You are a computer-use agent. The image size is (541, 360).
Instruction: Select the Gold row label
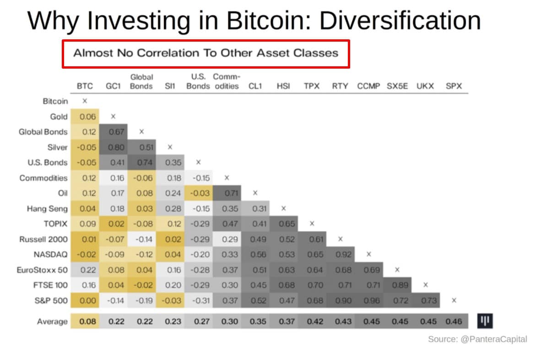tap(59, 117)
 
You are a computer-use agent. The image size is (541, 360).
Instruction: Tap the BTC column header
tap(85, 86)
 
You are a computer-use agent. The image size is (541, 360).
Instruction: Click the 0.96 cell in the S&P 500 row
tap(372, 301)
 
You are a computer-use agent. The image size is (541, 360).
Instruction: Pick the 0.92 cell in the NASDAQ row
tap(343, 254)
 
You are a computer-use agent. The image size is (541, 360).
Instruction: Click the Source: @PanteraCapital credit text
tap(477, 339)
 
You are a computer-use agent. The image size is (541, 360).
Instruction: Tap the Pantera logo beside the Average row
tap(486, 321)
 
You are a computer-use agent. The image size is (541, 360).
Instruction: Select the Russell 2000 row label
tap(43, 239)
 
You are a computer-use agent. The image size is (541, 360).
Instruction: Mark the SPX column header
tap(454, 86)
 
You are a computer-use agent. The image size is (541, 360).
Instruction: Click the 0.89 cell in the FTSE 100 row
tap(400, 285)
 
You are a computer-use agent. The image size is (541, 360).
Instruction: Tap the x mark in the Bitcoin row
tap(85, 101)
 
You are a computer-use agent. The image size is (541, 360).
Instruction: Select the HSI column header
tap(283, 86)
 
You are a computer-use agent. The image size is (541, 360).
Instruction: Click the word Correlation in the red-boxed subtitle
tap(166, 53)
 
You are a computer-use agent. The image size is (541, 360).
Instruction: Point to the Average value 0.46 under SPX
tap(453, 322)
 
